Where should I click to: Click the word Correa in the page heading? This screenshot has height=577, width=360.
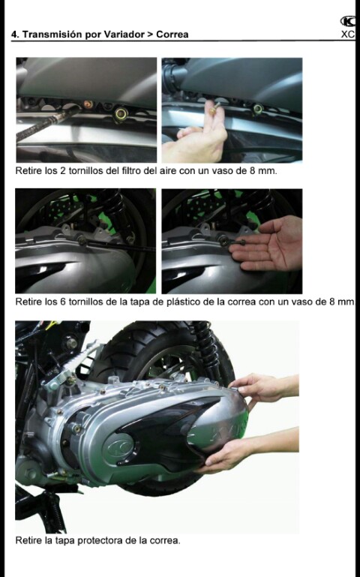click(x=172, y=35)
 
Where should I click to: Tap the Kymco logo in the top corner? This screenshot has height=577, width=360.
click(x=347, y=21)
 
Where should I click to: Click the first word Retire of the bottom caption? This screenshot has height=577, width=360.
click(x=28, y=540)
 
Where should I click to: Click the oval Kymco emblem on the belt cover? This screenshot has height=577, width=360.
click(x=118, y=448)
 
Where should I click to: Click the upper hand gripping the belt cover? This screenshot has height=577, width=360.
click(x=263, y=388)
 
